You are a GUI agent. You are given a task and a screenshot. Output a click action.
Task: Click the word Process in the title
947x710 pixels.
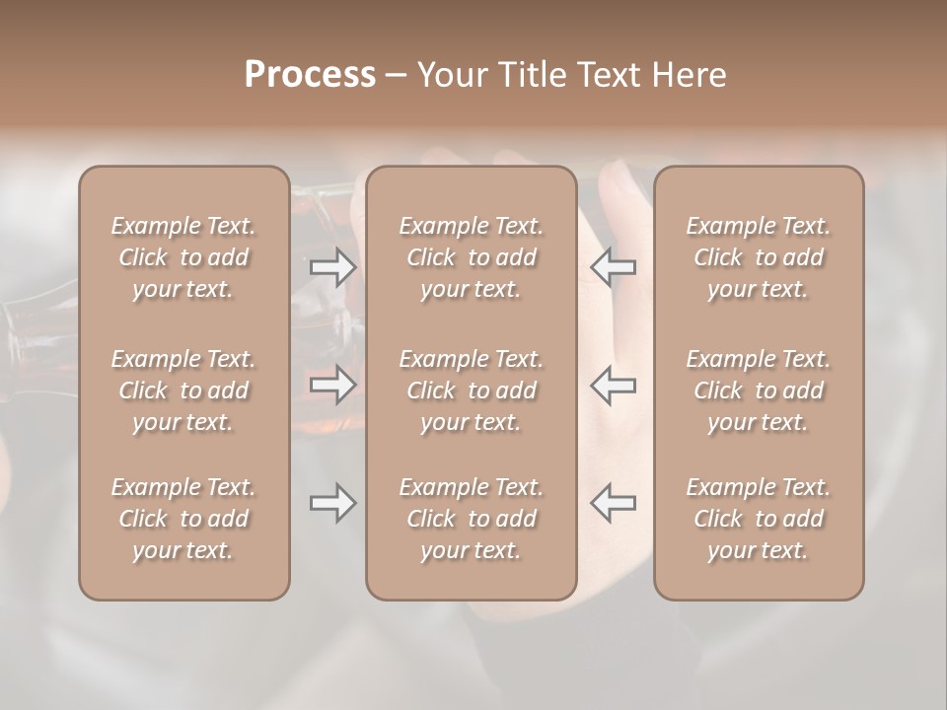(310, 75)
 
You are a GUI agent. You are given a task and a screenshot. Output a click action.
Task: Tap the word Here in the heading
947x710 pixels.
(690, 75)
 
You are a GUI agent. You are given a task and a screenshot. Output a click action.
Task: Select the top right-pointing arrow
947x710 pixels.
(332, 267)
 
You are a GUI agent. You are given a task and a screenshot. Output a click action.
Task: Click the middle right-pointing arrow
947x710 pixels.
(332, 385)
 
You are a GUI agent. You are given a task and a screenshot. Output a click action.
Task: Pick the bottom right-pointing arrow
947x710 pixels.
(332, 503)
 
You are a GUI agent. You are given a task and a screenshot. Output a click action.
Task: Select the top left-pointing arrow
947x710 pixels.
(613, 267)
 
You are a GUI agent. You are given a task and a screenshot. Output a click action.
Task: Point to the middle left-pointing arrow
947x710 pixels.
(613, 385)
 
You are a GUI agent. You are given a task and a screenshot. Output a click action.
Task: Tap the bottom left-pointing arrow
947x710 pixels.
(613, 503)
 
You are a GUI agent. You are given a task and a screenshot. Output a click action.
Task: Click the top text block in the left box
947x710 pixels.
(183, 257)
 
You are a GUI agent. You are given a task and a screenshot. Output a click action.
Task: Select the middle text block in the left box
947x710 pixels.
(183, 390)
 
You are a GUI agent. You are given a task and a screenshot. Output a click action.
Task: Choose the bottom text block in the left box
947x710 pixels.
(183, 519)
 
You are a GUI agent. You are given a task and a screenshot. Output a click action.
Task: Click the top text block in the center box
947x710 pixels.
(471, 257)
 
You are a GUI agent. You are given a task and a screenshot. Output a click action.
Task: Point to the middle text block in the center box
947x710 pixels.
(471, 390)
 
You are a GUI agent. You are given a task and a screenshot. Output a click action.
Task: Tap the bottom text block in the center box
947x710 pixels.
(471, 519)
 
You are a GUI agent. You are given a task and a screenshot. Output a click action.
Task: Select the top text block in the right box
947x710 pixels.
(759, 257)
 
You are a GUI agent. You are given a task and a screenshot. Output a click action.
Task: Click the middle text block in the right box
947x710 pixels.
(759, 390)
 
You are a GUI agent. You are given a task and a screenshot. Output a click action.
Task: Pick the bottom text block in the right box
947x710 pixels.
(759, 519)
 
